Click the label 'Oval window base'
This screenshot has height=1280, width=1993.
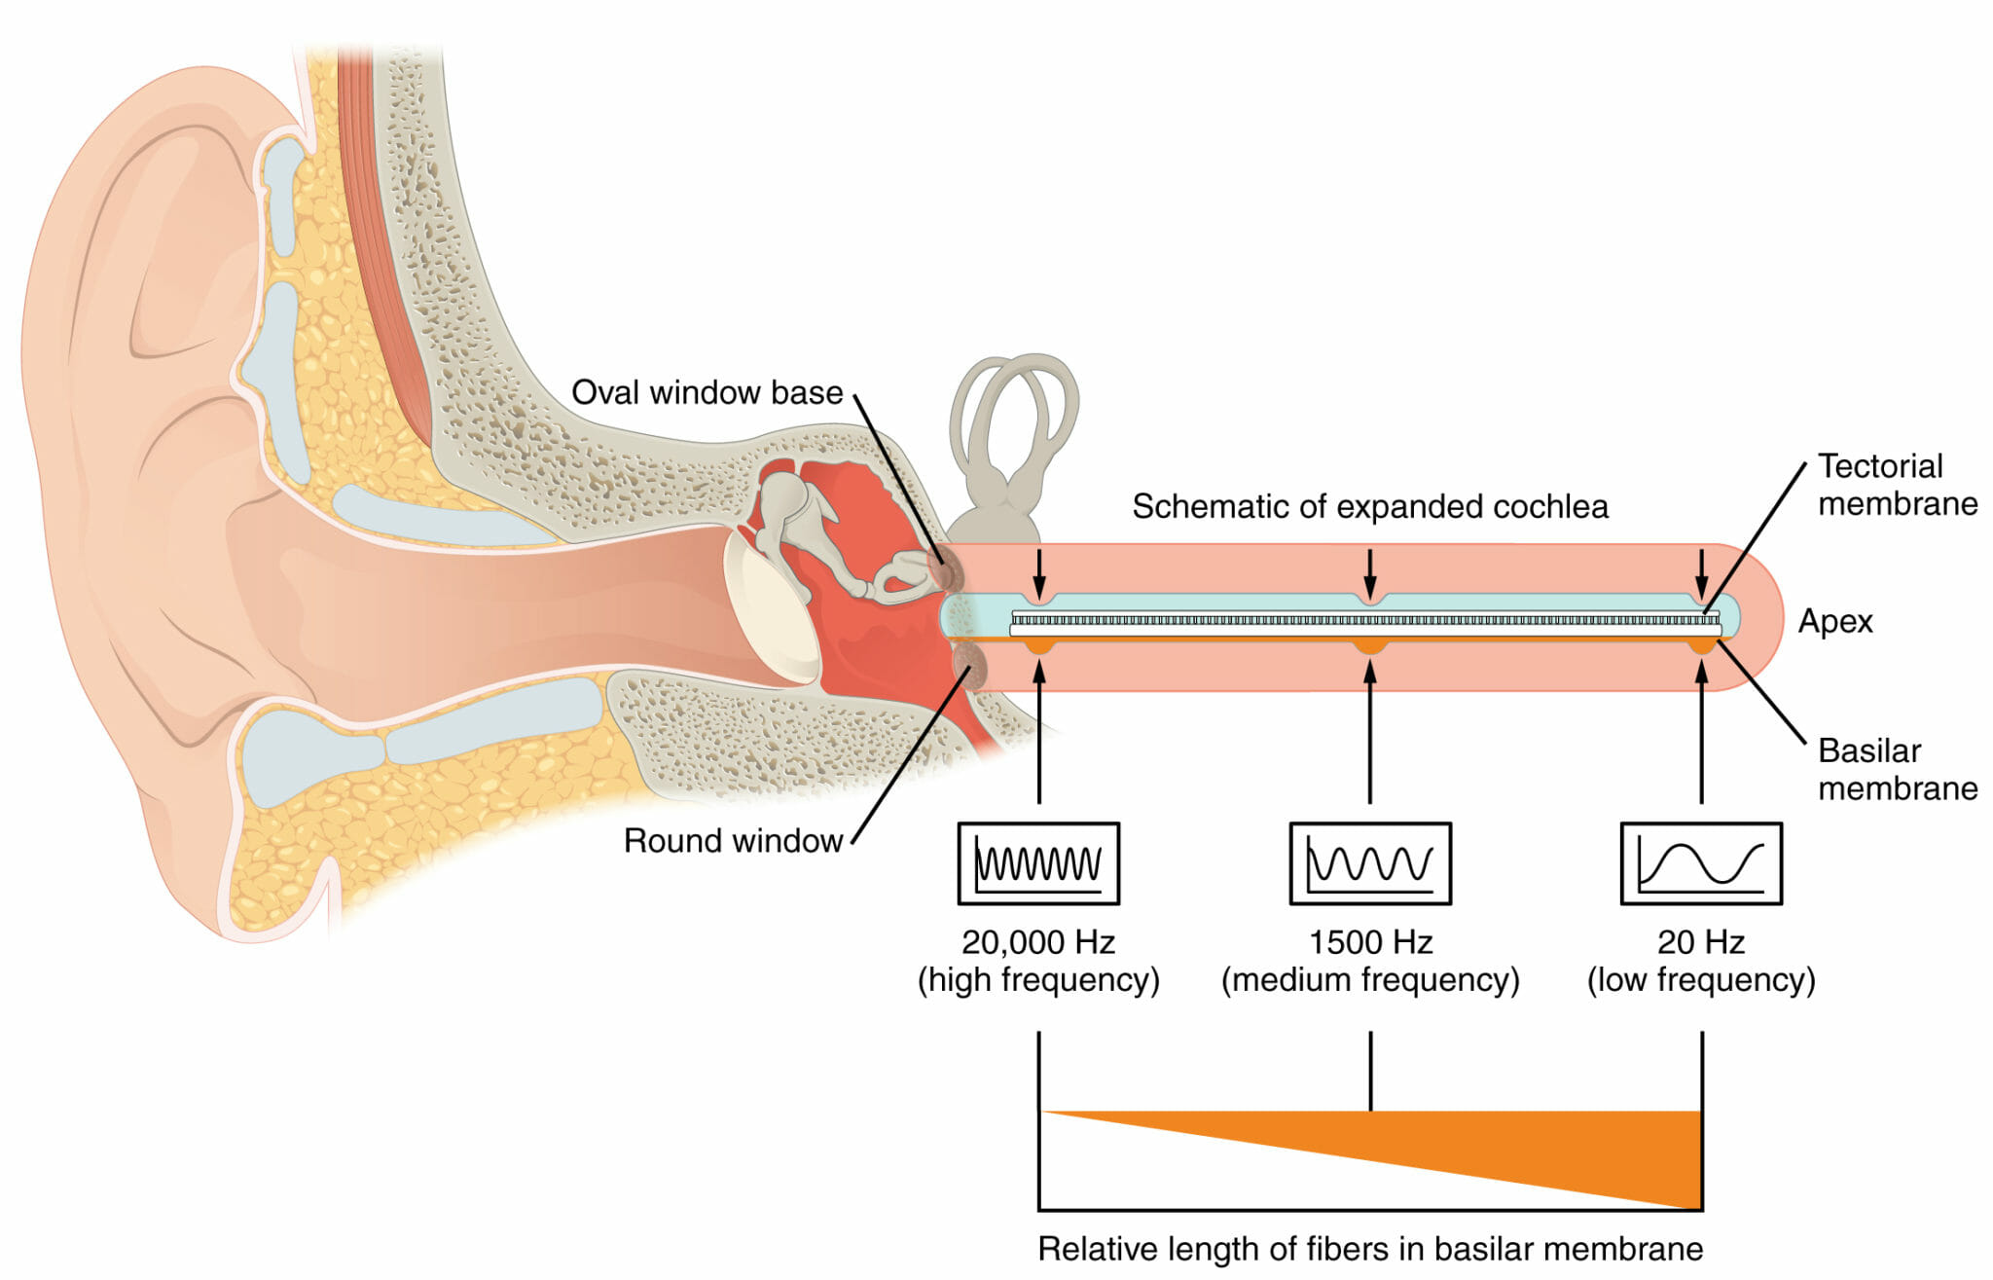707,392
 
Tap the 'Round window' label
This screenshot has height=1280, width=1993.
733,840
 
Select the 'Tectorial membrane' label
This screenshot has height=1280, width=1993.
1897,485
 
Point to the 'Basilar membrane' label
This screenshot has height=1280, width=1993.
1897,769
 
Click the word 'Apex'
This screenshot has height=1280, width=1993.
1834,621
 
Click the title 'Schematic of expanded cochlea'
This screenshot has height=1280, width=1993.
1369,506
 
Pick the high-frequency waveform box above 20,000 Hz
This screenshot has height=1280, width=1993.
1038,863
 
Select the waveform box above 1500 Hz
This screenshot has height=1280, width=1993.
1369,863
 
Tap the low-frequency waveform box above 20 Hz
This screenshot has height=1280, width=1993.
1700,863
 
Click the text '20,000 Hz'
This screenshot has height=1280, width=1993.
1038,941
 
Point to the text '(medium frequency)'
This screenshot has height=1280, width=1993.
1369,979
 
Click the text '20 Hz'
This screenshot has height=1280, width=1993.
1700,941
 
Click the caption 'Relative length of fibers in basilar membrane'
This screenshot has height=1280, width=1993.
1369,1248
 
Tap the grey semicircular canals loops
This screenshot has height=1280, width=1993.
1014,409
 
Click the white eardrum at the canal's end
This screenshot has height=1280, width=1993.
769,613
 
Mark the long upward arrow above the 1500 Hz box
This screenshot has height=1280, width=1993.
1369,730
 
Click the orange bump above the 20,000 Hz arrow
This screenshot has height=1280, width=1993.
1039,645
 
